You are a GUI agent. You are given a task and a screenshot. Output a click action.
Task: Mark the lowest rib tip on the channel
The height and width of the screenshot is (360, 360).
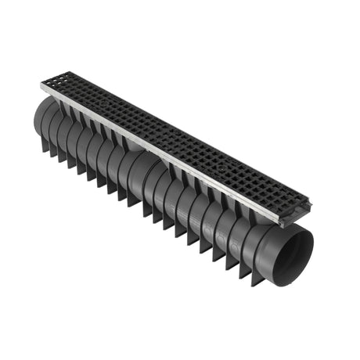coord(254,284)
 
